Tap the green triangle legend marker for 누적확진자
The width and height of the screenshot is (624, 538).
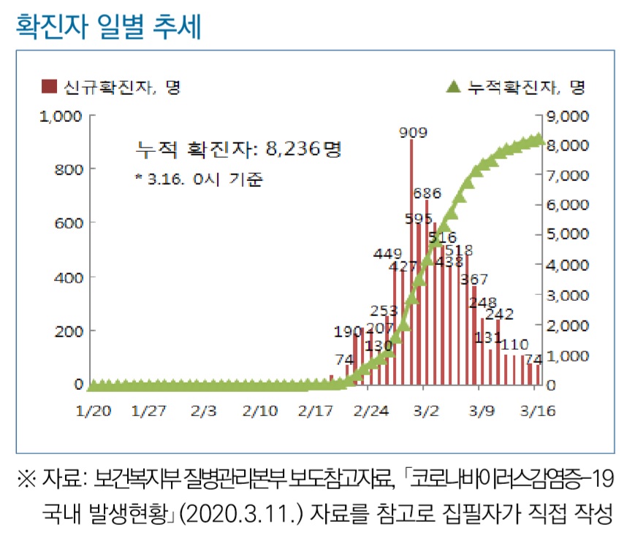coord(453,87)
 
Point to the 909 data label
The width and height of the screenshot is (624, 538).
coord(414,132)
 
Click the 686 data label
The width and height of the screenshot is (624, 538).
coord(427,193)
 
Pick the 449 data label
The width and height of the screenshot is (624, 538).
coord(387,253)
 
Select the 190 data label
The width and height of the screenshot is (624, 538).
coord(348,331)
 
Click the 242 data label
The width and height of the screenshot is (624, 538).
coord(499,315)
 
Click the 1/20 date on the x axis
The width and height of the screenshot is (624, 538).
coord(94,411)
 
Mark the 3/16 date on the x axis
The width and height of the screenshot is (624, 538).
coord(539,411)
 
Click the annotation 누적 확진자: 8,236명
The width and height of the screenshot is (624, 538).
coord(238,150)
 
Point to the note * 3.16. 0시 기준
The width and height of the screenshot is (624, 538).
coord(199,178)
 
